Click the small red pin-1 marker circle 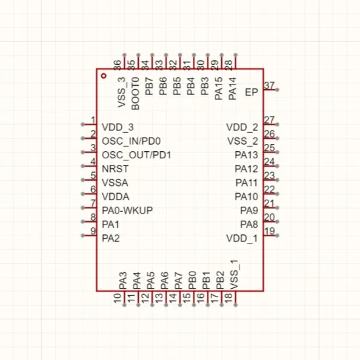[x=104, y=76]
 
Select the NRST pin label [x=115, y=169]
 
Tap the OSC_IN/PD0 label [x=132, y=141]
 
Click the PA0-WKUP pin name [x=127, y=211]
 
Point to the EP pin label [x=251, y=92]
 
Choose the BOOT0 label [x=135, y=94]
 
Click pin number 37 [x=269, y=85]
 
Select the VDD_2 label [x=242, y=128]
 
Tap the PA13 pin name [x=246, y=155]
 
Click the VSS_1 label [x=234, y=275]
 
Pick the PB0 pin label [x=192, y=280]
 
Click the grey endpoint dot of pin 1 [x=82, y=124]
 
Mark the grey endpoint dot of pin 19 [x=278, y=236]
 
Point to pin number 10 [x=118, y=298]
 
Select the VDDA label [x=115, y=197]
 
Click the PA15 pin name [x=219, y=88]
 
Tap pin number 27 [x=269, y=120]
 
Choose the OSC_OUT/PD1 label [x=137, y=155]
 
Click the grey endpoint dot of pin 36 [x=124, y=55]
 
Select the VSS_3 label [x=122, y=92]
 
